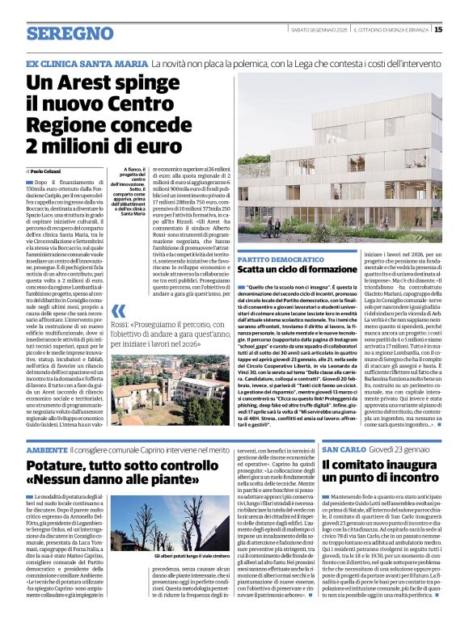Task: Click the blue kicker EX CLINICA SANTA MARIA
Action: (x=87, y=63)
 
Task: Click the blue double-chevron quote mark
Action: (x=119, y=313)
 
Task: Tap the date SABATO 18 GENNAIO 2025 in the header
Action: (x=321, y=30)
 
